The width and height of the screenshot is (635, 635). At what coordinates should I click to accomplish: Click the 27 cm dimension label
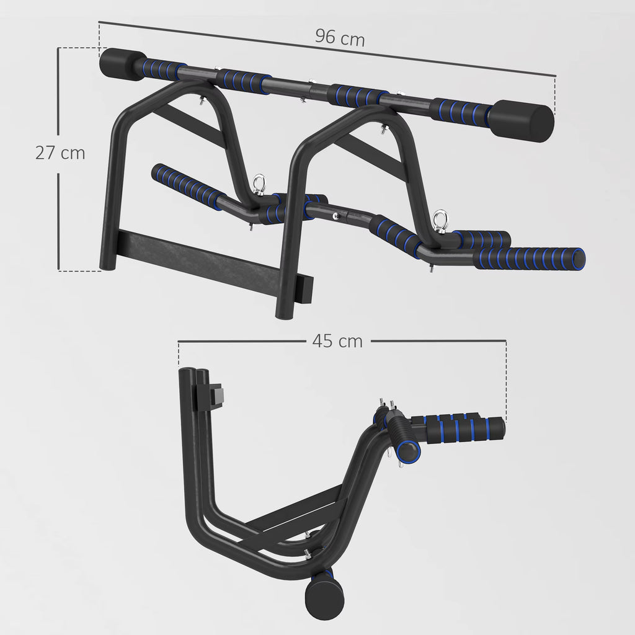60,153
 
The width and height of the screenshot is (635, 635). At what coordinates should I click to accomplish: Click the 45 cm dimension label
337,340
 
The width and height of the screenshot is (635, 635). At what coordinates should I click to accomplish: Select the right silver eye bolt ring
441,218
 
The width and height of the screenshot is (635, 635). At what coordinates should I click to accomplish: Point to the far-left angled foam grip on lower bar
185,186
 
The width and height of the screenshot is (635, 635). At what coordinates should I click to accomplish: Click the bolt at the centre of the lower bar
335,216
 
